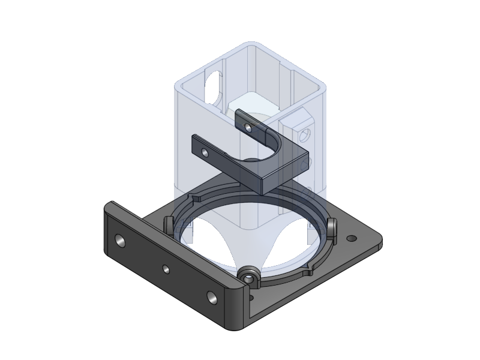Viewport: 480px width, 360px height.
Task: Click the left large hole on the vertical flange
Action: (121, 241)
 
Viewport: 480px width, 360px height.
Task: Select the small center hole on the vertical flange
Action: (166, 269)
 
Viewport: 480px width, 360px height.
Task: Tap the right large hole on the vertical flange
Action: (211, 296)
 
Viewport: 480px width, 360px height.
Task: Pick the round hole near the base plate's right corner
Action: (352, 239)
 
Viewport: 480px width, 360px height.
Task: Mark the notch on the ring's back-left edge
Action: (196, 197)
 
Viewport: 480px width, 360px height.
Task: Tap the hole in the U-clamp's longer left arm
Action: (205, 153)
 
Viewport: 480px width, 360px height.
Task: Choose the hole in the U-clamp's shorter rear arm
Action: (247, 125)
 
